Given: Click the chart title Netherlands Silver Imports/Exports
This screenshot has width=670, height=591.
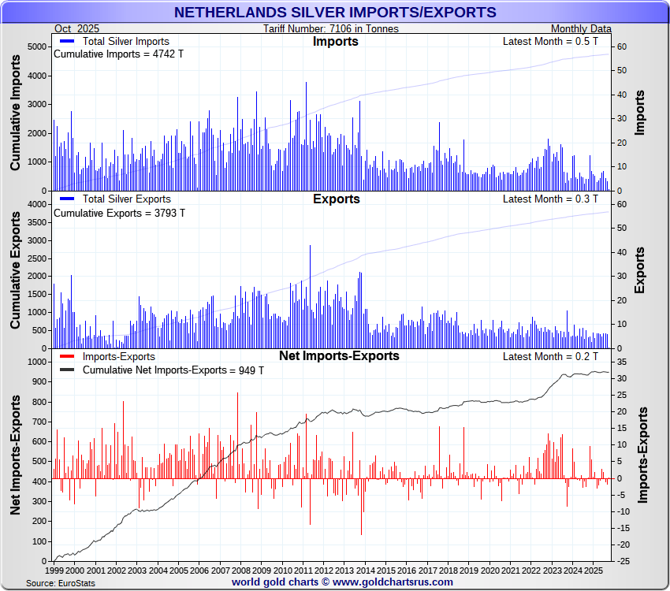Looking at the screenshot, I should [334, 12].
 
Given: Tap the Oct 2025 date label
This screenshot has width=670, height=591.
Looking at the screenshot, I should [77, 29].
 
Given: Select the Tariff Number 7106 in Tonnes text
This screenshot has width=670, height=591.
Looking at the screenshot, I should [331, 29].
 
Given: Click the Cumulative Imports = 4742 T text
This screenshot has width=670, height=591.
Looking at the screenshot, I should [117, 55].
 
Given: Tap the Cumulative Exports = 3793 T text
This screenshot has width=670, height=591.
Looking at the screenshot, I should [119, 213].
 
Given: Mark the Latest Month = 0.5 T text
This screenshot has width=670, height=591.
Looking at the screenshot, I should [550, 42].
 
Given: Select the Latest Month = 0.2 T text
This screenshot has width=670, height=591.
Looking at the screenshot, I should [550, 357].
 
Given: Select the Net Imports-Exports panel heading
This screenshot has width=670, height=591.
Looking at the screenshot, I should [339, 356].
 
